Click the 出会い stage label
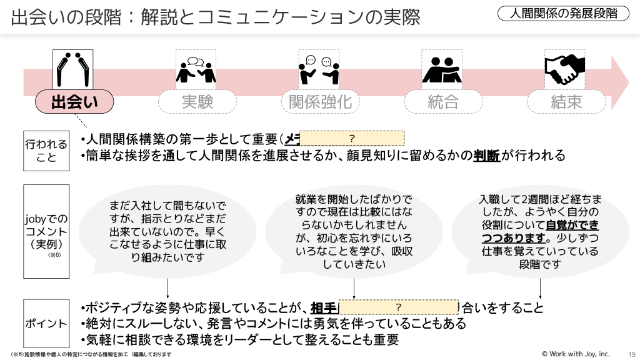[74, 102]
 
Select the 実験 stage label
[197, 102]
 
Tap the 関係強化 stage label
[320, 102]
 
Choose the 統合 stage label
[443, 102]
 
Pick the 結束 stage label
[566, 102]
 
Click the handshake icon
[564, 69]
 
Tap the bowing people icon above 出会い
[73, 69]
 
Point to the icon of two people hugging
[441, 69]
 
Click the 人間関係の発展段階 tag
[564, 13]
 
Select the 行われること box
[46, 150]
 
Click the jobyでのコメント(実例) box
[46, 231]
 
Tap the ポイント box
[46, 323]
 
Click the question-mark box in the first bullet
[352, 138]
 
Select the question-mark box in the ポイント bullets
[398, 307]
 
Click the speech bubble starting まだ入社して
[168, 231]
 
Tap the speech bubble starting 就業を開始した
[354, 231]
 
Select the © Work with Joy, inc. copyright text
[576, 354]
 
